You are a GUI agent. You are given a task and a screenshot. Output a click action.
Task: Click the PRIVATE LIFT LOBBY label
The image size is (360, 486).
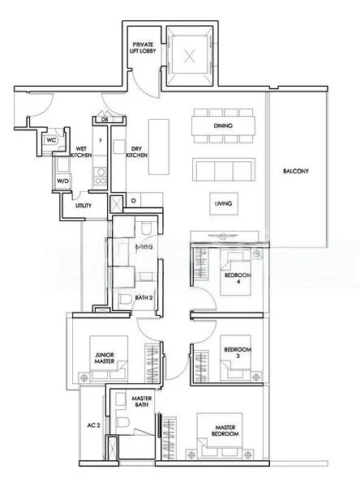144,46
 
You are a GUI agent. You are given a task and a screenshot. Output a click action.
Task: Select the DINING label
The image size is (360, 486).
223,126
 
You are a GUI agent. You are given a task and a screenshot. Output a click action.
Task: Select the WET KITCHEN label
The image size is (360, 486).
82,154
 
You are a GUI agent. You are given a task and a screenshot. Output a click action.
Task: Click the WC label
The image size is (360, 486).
50,139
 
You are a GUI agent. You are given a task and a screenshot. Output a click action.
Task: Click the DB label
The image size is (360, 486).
105,121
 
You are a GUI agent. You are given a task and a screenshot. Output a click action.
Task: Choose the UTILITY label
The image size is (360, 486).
84,206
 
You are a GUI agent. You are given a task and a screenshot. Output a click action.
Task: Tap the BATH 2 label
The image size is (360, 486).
144,297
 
